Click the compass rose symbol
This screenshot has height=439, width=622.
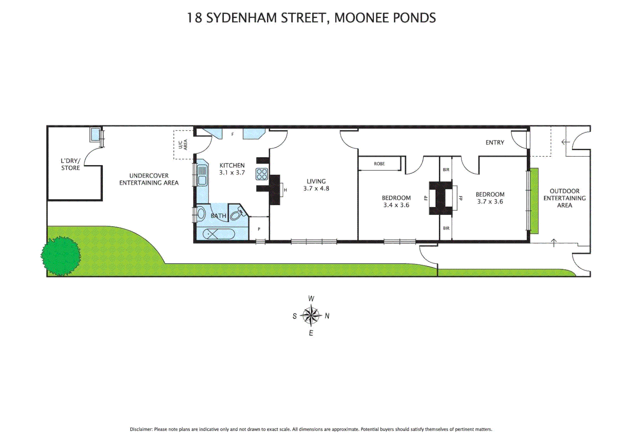click(x=311, y=316)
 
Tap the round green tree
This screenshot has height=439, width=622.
click(x=61, y=256)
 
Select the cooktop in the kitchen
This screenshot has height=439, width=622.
click(x=262, y=174)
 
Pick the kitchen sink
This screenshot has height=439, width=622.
click(x=202, y=176)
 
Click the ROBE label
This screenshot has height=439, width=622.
click(x=379, y=164)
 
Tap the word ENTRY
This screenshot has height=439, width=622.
click(x=495, y=142)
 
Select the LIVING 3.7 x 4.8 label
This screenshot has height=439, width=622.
click(x=316, y=185)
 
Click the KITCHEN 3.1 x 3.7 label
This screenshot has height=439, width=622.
click(x=232, y=169)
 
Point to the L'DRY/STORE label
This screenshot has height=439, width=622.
click(x=70, y=164)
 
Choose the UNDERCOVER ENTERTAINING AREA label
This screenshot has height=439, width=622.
click(x=149, y=179)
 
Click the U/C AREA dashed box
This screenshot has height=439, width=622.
click(x=183, y=145)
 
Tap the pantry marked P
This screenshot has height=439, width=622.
click(x=259, y=229)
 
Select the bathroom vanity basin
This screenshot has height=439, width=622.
click(x=201, y=214)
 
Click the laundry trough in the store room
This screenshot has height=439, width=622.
click(x=96, y=135)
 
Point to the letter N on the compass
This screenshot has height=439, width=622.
click(x=327, y=316)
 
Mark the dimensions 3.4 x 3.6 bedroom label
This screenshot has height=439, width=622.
click(x=396, y=205)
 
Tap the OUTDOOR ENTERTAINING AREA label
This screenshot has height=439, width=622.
click(x=564, y=198)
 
